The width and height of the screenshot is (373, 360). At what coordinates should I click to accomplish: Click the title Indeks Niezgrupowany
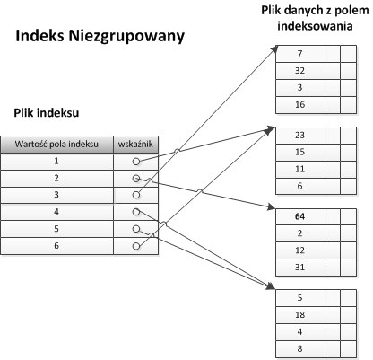coord(100,37)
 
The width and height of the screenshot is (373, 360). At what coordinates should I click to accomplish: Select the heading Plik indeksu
coord(47,113)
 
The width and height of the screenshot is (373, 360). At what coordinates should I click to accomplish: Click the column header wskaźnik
coord(135,145)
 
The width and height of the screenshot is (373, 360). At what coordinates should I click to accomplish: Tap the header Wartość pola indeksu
coord(56,145)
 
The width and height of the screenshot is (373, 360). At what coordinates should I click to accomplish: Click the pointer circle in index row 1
coord(136,162)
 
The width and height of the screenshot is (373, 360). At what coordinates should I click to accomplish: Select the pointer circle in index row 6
coord(136,246)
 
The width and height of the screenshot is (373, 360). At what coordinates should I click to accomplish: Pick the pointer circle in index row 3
coord(136,195)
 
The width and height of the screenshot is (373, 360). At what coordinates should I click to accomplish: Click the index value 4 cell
coord(56,212)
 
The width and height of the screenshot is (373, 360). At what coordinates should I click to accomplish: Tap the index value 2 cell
coord(56,179)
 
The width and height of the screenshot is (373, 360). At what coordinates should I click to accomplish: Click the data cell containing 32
coord(299,71)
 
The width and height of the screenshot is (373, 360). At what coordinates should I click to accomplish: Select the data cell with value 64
coord(299,216)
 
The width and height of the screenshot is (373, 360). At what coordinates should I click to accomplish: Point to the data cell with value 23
coord(299,136)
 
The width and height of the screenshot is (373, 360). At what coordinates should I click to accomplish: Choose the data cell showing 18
coord(299,315)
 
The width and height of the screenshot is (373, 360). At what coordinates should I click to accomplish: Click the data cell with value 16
coord(299,105)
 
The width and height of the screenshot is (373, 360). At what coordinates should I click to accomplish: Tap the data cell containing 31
coord(299,268)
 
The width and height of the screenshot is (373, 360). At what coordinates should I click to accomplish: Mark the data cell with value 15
coord(299,153)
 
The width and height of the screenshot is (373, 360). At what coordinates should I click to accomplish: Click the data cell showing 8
coord(299,349)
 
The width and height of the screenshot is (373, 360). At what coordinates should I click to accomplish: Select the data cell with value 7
coord(299,54)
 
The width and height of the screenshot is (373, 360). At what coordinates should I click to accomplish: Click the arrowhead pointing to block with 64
coord(272,206)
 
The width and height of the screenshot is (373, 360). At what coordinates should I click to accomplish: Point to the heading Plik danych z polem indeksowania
coord(315,18)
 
